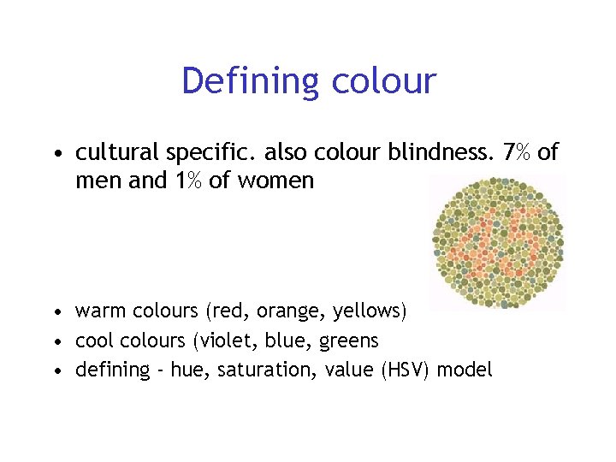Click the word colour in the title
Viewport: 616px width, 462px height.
tap(382, 82)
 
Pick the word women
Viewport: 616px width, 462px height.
tap(279, 181)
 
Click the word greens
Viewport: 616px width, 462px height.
tap(348, 341)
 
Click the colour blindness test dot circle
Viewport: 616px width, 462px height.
tap(496, 242)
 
